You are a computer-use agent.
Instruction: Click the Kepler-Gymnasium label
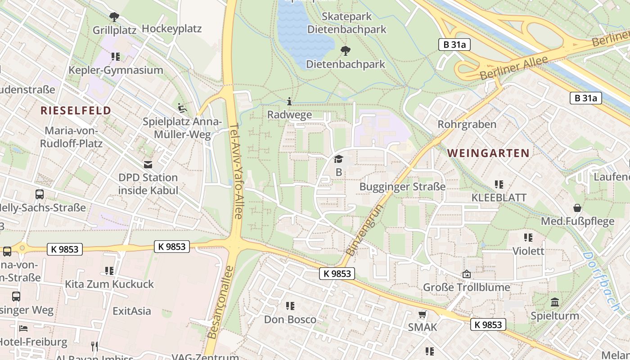click(x=116, y=70)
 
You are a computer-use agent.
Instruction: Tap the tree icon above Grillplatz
click(x=114, y=17)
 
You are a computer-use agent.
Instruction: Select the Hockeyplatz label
click(x=171, y=29)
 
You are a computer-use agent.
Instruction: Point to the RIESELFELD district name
click(x=76, y=111)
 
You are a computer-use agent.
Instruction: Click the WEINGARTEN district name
click(x=488, y=153)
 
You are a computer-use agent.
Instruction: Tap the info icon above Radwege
click(x=289, y=102)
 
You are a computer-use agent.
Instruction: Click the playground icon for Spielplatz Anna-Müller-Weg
click(x=182, y=108)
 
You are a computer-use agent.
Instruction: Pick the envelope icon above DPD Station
click(x=148, y=164)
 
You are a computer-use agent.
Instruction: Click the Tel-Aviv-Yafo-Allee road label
click(x=236, y=171)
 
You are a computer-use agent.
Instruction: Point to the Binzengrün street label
click(x=364, y=230)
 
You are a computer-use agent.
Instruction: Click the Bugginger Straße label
click(x=402, y=187)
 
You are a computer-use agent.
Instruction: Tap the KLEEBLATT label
click(x=499, y=198)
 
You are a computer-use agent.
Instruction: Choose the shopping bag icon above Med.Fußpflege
click(x=577, y=208)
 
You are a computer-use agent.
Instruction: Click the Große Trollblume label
click(x=466, y=287)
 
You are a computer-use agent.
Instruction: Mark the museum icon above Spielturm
click(x=555, y=302)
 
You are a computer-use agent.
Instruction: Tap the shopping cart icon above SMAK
click(x=422, y=315)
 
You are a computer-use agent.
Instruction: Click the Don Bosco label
click(x=290, y=319)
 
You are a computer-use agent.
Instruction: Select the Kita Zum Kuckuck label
click(x=109, y=284)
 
